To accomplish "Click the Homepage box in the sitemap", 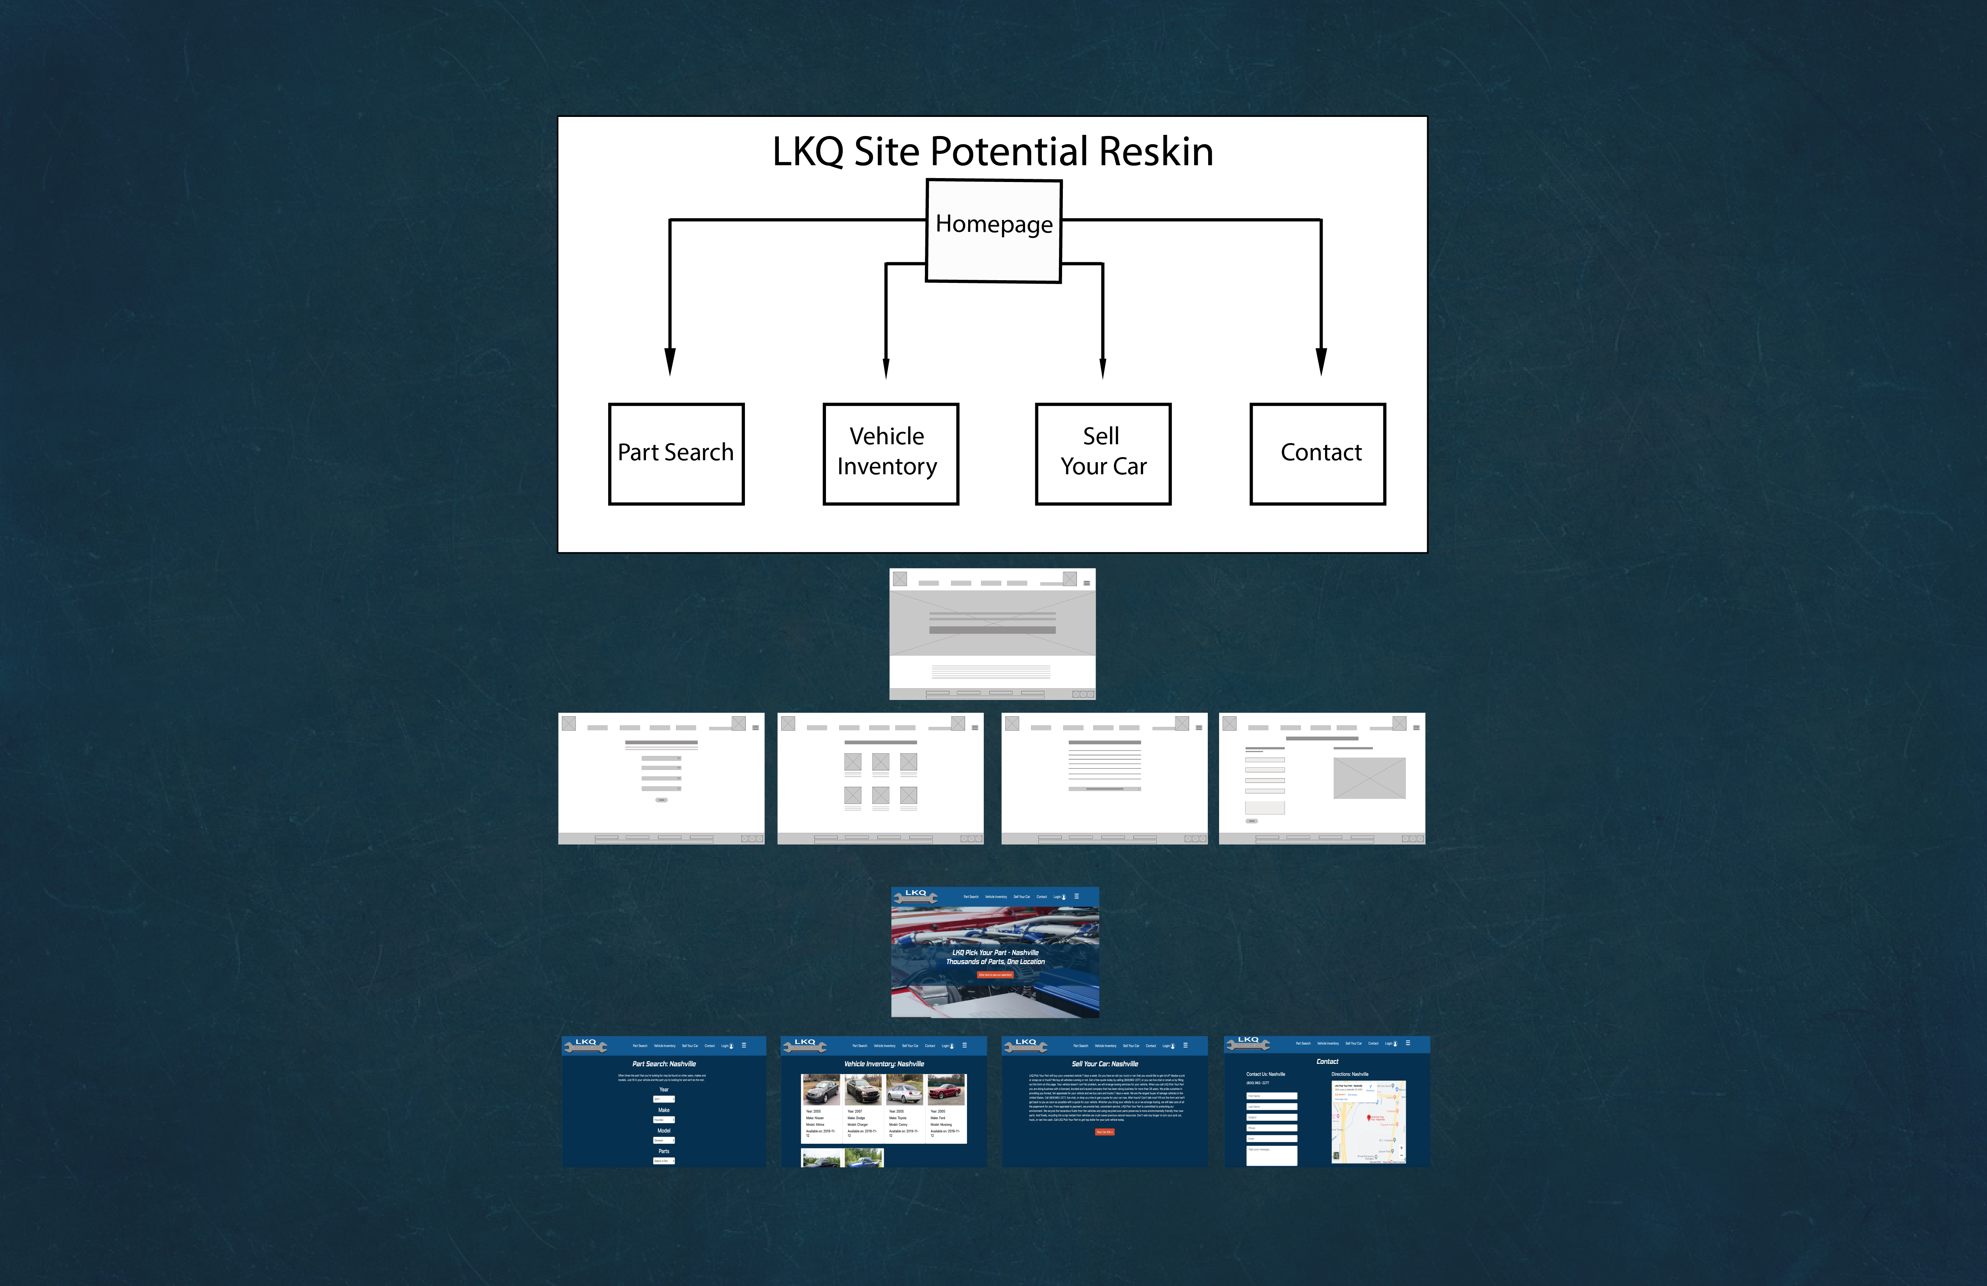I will pyautogui.click(x=993, y=231).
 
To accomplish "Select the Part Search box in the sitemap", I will pyautogui.click(x=676, y=454).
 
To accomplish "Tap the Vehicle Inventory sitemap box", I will pyautogui.click(x=890, y=454).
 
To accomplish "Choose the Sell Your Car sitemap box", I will pyautogui.click(x=1103, y=454).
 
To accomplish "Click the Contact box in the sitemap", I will pyautogui.click(x=1317, y=454).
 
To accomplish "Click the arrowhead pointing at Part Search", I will pyautogui.click(x=670, y=362).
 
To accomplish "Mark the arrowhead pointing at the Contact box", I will pyautogui.click(x=1321, y=362).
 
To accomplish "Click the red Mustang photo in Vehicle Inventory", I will pyautogui.click(x=946, y=1090).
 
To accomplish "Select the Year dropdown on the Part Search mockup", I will pyautogui.click(x=664, y=1099).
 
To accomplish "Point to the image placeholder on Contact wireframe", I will pyautogui.click(x=1369, y=777).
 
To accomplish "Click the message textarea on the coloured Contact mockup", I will pyautogui.click(x=1272, y=1155).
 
